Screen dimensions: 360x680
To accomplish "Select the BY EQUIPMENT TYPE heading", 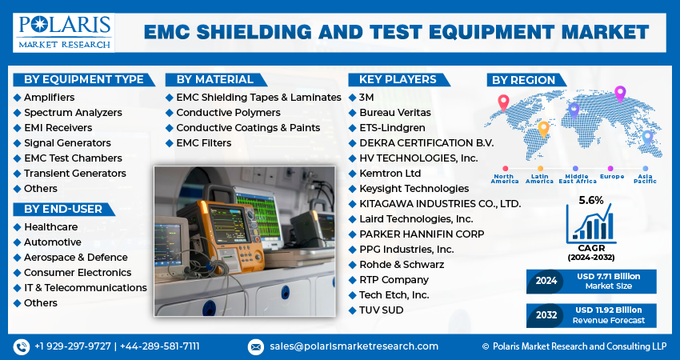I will point(83,79).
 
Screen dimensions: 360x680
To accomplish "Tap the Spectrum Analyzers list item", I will point(73,113).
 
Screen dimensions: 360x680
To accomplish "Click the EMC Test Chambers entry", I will point(73,158).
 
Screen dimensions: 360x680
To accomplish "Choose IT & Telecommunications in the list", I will point(85,288).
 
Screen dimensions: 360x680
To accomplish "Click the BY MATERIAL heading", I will point(215,79).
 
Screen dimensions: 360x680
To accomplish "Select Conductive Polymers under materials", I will point(228,113).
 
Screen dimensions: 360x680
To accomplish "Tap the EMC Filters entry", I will point(203,143).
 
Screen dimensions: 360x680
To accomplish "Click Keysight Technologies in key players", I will point(414,189).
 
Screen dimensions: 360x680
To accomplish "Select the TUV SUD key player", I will point(382,310).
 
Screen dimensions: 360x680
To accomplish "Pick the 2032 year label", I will point(546,315).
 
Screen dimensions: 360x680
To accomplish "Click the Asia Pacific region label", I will point(645,178).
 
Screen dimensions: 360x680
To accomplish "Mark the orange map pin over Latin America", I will point(543,128).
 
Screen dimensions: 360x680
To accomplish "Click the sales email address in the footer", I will point(353,346).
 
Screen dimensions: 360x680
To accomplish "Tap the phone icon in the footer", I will point(21,346).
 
